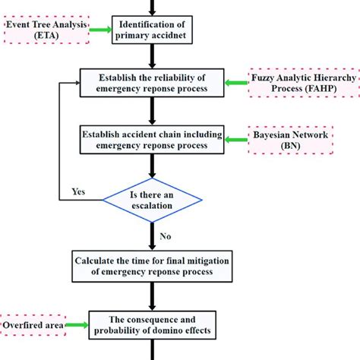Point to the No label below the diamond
[x=165, y=236]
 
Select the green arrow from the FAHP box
[x=234, y=77]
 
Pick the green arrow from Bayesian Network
[x=234, y=136]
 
